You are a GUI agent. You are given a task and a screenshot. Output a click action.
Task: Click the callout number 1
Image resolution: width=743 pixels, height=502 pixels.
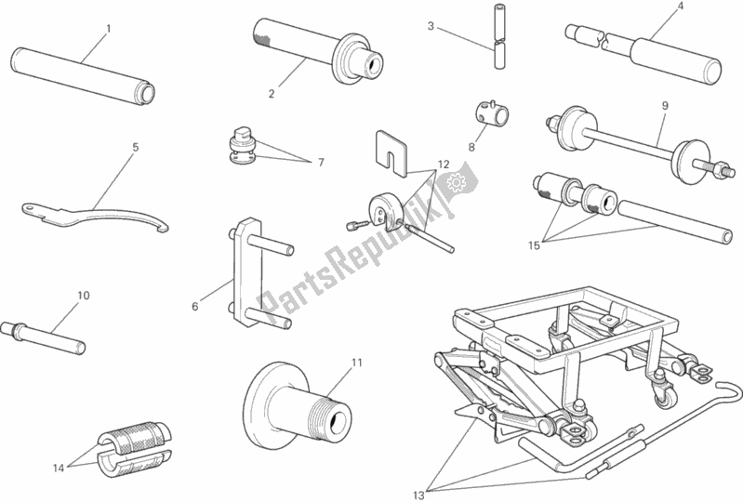click(108, 29)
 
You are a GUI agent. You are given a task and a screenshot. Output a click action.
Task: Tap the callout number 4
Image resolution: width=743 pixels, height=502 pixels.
click(680, 7)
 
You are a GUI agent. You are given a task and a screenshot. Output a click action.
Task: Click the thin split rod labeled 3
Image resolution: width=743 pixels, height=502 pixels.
click(499, 46)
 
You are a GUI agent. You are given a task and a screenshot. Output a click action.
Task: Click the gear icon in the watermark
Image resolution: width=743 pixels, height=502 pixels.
click(457, 185)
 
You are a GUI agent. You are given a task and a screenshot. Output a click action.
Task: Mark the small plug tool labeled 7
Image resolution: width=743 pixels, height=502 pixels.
click(243, 148)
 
